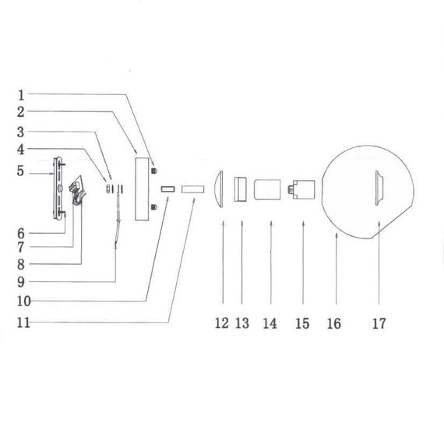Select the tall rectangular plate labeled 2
(x=143, y=189)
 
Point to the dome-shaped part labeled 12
(x=221, y=189)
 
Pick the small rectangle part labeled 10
(x=167, y=189)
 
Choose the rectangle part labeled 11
(x=191, y=189)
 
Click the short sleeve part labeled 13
(x=241, y=189)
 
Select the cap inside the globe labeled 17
(x=378, y=189)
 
